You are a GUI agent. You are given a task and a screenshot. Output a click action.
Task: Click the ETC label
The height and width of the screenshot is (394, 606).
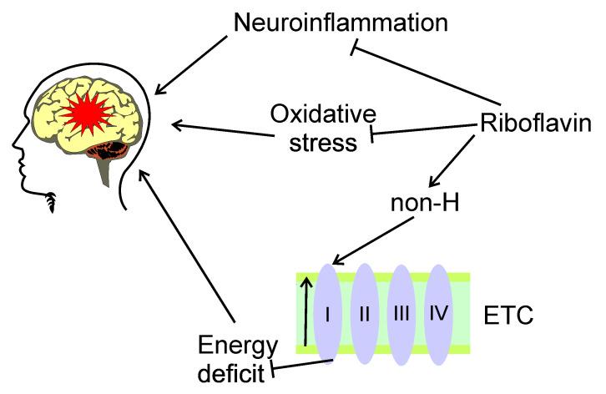[x=508, y=316]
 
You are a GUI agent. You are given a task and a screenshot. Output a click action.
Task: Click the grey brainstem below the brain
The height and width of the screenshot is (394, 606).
[x=104, y=170]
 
